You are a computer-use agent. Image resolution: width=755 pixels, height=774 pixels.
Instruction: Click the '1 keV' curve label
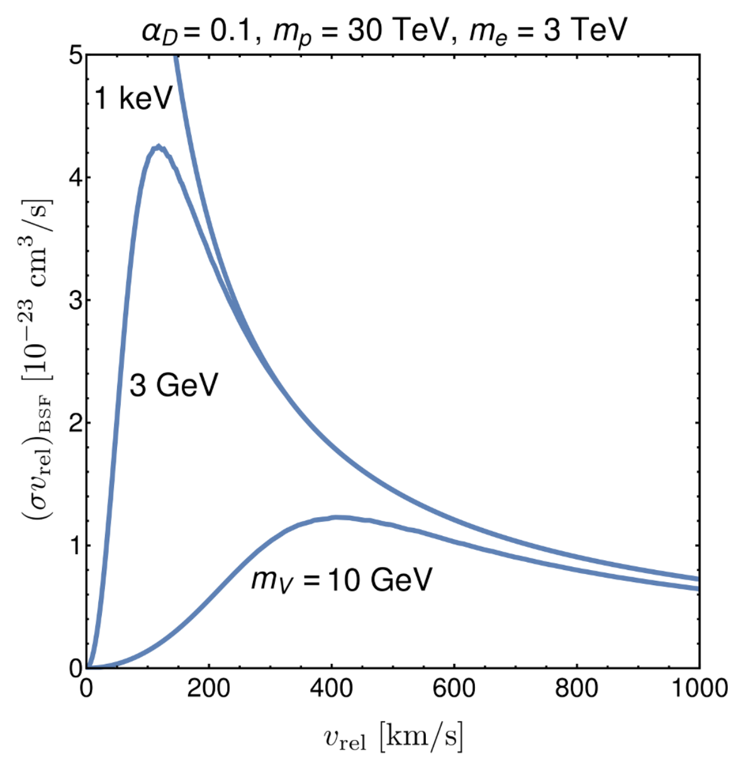(x=133, y=98)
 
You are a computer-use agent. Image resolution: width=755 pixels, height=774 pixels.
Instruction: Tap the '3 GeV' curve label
(x=174, y=384)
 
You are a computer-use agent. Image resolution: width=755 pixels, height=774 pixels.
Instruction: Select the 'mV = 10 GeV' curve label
(x=342, y=580)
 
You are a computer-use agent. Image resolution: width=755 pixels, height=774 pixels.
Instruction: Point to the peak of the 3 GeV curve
(x=159, y=147)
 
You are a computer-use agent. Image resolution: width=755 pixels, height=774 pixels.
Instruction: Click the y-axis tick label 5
(x=75, y=55)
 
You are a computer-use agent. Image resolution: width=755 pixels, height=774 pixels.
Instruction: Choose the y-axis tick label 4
(x=75, y=177)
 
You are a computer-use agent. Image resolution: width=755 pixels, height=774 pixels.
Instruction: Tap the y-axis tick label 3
(x=75, y=300)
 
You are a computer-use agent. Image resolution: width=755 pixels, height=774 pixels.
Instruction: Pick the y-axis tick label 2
(x=75, y=423)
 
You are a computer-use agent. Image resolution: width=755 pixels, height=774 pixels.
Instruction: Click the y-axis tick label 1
(x=75, y=546)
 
